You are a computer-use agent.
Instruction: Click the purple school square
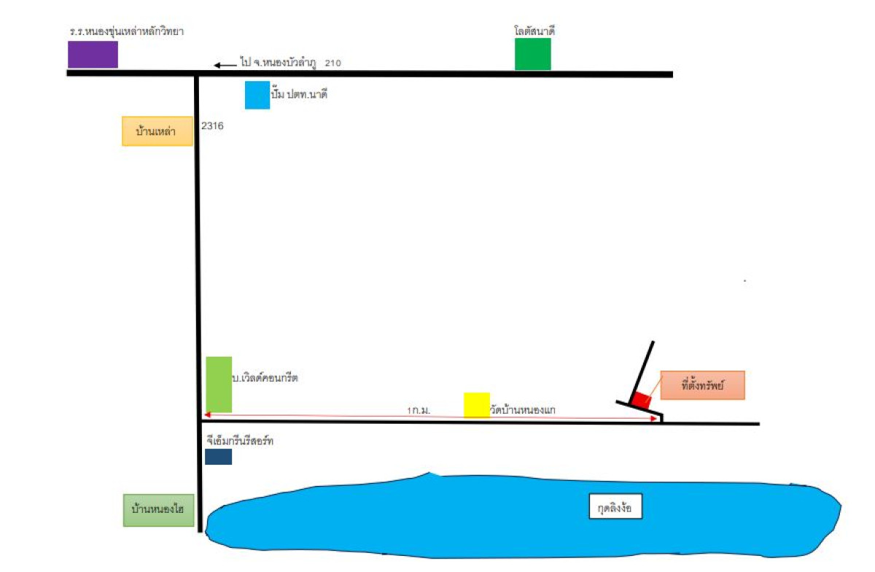click(93, 55)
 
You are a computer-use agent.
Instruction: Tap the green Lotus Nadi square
click(532, 54)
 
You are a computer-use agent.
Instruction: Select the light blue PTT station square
click(257, 95)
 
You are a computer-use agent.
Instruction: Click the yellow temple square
click(477, 405)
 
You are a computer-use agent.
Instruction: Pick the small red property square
click(641, 400)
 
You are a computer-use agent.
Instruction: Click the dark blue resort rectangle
click(218, 457)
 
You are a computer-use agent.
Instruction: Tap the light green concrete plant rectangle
click(219, 384)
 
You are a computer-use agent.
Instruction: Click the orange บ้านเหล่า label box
click(157, 131)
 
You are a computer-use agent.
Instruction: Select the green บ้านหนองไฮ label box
click(158, 511)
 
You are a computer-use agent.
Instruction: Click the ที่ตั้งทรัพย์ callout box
click(702, 385)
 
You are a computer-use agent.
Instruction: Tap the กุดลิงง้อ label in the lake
click(615, 507)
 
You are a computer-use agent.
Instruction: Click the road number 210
click(333, 63)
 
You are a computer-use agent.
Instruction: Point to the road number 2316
click(212, 126)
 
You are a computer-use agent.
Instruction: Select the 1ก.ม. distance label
click(419, 411)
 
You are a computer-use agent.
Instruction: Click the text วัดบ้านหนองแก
click(523, 410)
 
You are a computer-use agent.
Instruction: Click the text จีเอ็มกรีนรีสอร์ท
click(240, 441)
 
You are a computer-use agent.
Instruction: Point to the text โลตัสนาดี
click(534, 31)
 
